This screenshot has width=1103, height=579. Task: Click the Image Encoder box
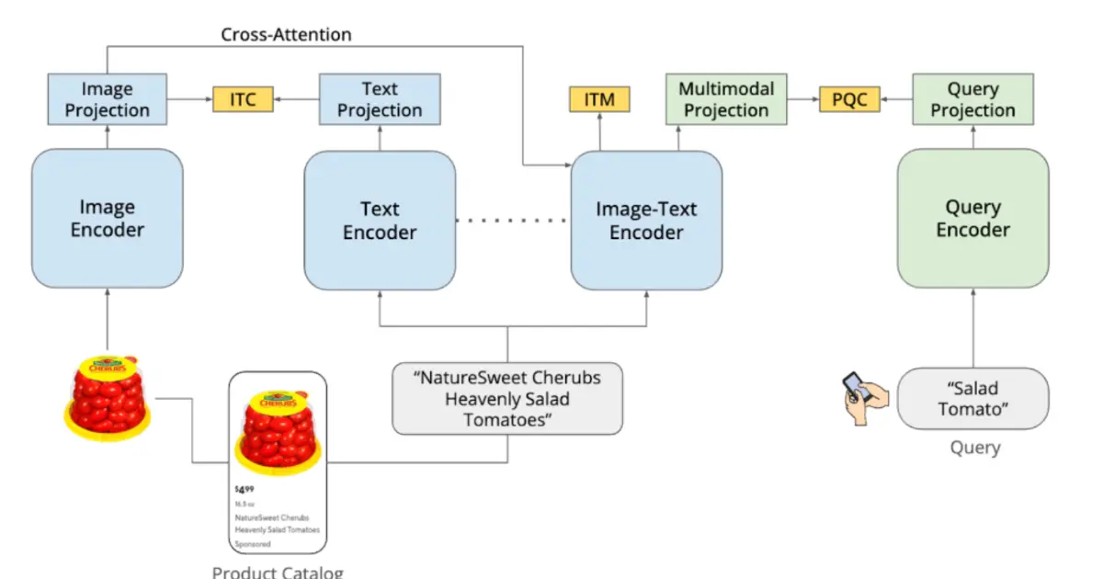[x=108, y=219]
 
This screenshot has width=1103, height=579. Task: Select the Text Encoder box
[x=380, y=221]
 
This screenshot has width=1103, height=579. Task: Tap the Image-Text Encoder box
[x=646, y=221]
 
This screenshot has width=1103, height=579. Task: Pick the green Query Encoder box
[x=972, y=219]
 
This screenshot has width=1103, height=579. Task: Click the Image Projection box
[x=108, y=99]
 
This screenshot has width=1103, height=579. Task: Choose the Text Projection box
[x=380, y=99]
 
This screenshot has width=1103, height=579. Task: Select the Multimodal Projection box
[x=726, y=99]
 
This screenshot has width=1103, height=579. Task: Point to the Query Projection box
[x=972, y=99]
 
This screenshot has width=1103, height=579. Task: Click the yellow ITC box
[x=243, y=99]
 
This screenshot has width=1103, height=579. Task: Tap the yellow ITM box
[x=599, y=99]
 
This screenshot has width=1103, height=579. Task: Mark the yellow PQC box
[x=849, y=99]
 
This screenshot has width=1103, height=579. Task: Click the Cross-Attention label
[x=286, y=35]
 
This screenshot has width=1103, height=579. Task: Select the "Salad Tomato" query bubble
[x=972, y=398]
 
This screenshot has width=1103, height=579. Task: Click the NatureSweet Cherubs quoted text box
[x=507, y=399]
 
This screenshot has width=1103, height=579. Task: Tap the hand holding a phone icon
[x=866, y=397]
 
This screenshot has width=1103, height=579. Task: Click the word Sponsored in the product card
[x=253, y=544]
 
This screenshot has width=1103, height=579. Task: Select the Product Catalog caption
[x=278, y=572]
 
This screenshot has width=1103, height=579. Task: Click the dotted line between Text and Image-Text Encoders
[x=513, y=221]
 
